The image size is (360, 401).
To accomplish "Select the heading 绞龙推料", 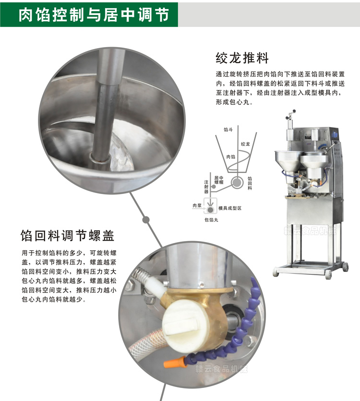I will pyautogui.click(x=242, y=59).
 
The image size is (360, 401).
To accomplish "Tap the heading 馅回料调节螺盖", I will pyautogui.click(x=68, y=236).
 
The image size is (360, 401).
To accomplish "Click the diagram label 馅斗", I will pyautogui.click(x=228, y=129).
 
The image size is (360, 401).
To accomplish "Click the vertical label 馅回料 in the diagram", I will pyautogui.click(x=250, y=182).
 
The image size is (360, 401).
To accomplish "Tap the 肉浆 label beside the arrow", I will pyautogui.click(x=197, y=205).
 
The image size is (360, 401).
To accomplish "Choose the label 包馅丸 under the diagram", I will pyautogui.click(x=212, y=219).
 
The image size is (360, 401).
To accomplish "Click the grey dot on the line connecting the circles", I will pyautogui.click(x=145, y=219).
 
